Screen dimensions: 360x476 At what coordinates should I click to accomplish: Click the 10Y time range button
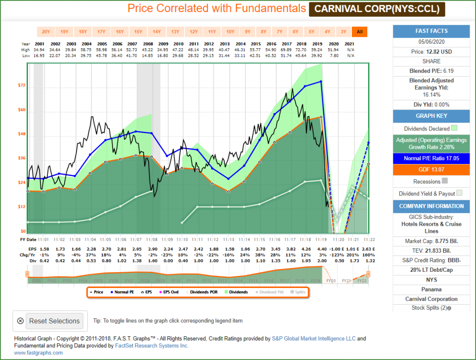[x=230, y=32]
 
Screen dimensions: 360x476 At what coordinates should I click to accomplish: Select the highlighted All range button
[x=359, y=32]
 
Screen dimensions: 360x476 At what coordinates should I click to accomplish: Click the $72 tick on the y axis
[x=22, y=85]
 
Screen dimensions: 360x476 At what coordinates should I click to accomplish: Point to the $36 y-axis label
[x=22, y=158]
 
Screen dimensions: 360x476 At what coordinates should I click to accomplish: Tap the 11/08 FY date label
[x=151, y=240]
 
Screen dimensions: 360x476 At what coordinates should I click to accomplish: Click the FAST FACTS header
[x=432, y=31]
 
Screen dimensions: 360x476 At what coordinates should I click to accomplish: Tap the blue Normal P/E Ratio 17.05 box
[x=432, y=159]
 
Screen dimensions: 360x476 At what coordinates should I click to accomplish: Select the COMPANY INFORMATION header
[x=432, y=206]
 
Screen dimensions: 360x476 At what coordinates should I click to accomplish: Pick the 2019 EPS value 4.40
[x=322, y=249]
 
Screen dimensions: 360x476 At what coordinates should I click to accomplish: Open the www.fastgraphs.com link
[x=39, y=353]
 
